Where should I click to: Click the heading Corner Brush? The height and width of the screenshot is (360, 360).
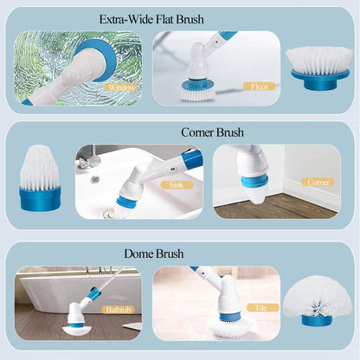coord(212,132)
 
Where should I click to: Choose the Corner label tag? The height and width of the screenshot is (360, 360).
coord(318,183)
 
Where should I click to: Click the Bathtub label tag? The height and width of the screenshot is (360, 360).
coord(115,309)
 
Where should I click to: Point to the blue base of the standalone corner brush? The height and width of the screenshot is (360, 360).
coord(40,199)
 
